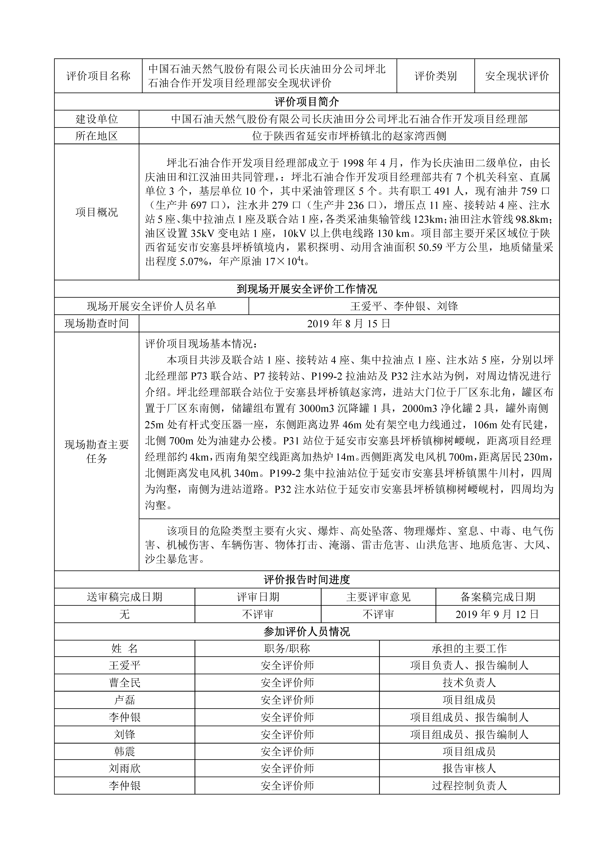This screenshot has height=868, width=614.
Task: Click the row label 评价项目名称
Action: [x=98, y=76]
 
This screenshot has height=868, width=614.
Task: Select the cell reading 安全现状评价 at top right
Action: [x=517, y=76]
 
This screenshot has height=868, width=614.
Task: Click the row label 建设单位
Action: [x=97, y=119]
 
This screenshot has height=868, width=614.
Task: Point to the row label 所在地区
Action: [x=97, y=136]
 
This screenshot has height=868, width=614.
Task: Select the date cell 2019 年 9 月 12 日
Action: [x=497, y=614]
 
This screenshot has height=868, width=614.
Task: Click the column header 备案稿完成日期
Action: [x=497, y=597]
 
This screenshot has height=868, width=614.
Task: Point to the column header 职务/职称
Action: [x=287, y=649]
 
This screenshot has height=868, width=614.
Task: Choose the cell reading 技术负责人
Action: [x=469, y=683]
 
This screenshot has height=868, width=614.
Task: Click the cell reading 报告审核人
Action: [x=469, y=769]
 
